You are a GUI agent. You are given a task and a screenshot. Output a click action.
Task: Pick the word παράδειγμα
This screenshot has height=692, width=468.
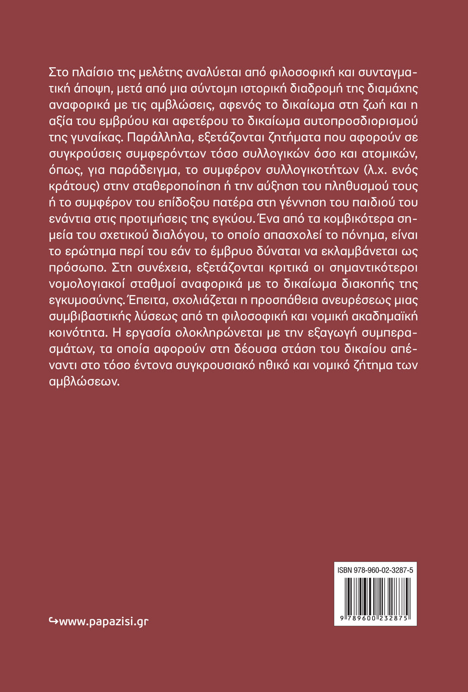point(140,170)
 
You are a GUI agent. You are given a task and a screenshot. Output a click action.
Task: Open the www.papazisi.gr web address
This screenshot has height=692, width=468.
point(104,621)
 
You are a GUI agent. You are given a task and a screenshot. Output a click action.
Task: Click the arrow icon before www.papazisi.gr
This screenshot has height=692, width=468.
point(53,621)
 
